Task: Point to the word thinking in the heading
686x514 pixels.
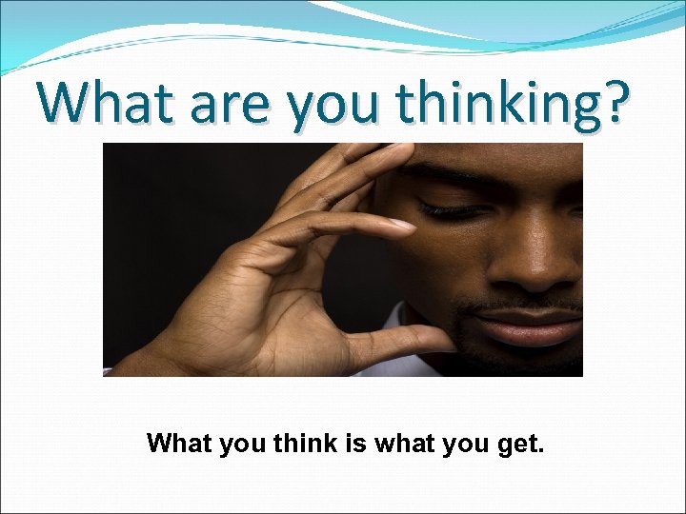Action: [x=495, y=105]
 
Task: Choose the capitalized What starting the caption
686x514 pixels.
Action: [x=183, y=443]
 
